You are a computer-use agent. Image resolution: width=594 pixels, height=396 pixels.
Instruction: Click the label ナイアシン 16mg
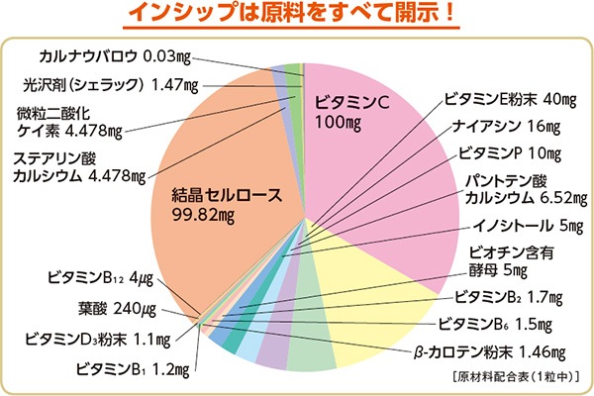pos(508,127)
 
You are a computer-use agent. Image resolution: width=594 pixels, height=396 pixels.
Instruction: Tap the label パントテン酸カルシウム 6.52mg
pos(516,189)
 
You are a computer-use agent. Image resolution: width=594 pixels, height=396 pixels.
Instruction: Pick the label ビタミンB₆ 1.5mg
pos(493,324)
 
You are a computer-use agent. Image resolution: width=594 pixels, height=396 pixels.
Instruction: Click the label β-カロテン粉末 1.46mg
pos(488,351)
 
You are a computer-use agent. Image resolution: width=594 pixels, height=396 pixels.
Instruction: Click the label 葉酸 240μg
pos(116,308)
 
